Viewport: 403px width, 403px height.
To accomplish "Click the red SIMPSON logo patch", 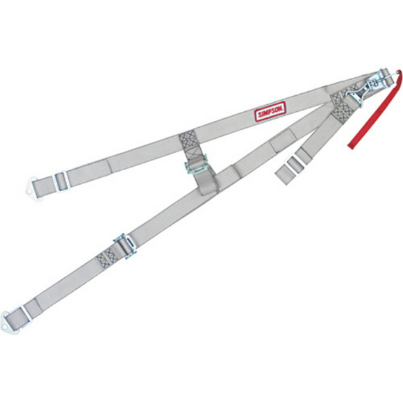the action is (270, 111).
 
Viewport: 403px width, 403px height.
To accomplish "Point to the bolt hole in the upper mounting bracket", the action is (29, 191).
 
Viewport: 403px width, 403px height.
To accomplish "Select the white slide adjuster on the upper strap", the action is (63, 181).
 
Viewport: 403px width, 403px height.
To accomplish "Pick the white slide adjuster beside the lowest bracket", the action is (26, 317).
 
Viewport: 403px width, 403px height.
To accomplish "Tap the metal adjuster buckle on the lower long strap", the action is (125, 246).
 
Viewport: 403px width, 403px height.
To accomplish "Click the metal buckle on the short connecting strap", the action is (197, 164).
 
